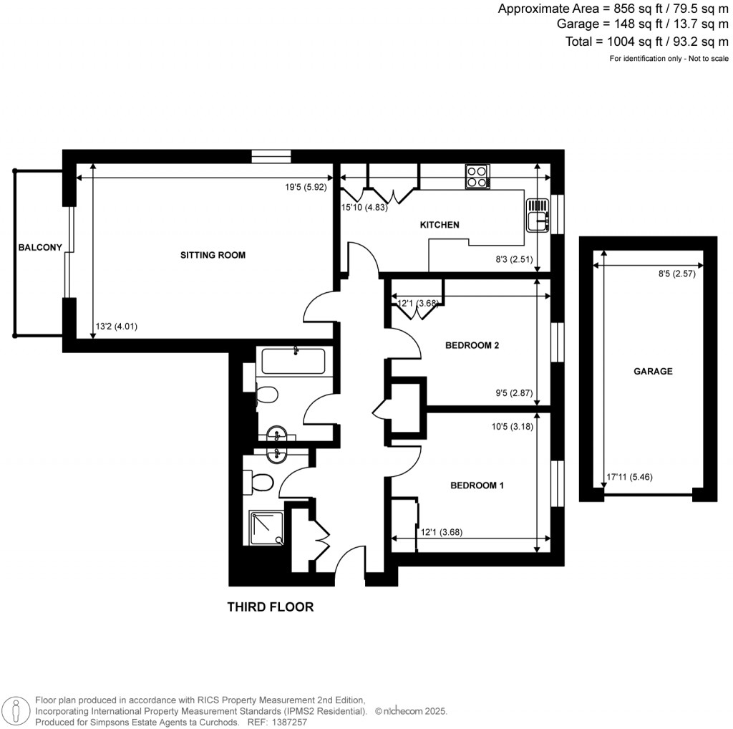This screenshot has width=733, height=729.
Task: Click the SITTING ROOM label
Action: (213, 255)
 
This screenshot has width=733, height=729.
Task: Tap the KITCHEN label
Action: (439, 225)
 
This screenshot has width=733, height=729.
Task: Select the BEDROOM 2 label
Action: (472, 345)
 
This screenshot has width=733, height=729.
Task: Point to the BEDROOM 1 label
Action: (477, 486)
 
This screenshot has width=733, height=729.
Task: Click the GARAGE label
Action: (653, 372)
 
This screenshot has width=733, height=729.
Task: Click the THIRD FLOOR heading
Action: (271, 607)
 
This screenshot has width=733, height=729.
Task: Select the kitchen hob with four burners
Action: (477, 176)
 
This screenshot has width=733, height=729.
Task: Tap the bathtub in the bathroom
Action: (295, 361)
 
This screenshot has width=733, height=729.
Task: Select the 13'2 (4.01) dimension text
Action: (116, 327)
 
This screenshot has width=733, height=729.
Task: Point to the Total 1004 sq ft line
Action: (637, 42)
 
